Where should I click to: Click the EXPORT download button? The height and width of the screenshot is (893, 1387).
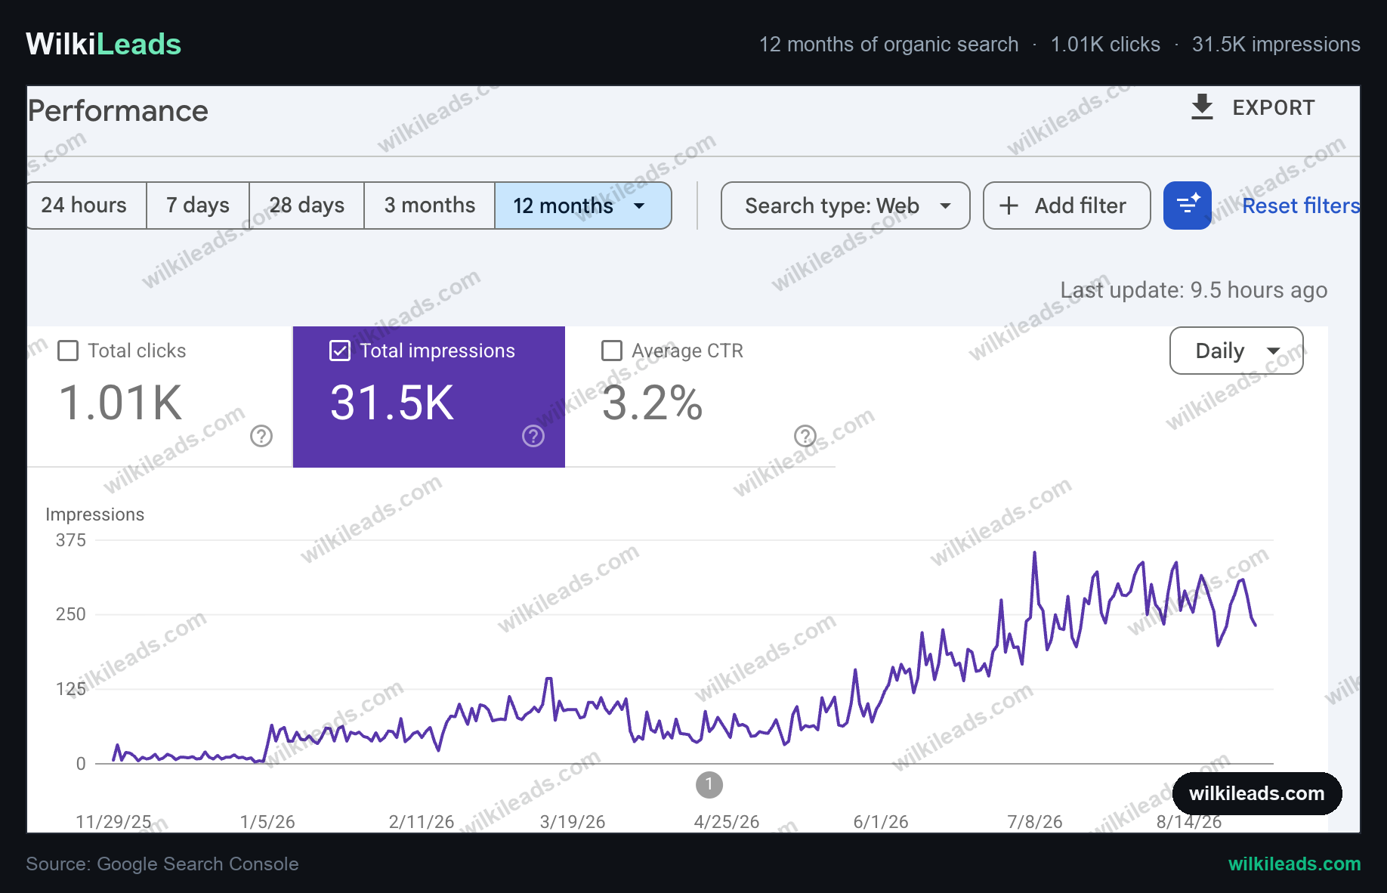tap(1253, 107)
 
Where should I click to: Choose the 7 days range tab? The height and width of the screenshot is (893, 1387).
tap(198, 205)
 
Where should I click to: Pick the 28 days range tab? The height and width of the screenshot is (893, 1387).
tap(307, 205)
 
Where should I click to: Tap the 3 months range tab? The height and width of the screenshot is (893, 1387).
tap(429, 205)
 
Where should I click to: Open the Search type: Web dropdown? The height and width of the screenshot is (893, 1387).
tap(845, 205)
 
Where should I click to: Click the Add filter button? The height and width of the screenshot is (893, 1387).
tap(1067, 205)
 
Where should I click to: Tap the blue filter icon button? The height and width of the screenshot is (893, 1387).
tap(1188, 205)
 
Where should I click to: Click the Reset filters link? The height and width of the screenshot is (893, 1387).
tap(1301, 205)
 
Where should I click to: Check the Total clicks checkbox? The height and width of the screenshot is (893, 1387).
tap(68, 351)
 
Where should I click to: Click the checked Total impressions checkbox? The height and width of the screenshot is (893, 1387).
tap(340, 351)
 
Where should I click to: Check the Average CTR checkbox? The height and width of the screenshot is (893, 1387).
tap(612, 351)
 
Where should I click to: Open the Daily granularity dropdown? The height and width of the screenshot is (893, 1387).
tap(1237, 351)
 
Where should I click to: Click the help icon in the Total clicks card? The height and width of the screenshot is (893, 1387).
tap(261, 436)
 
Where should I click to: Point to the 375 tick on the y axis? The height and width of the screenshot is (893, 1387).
tap(71, 540)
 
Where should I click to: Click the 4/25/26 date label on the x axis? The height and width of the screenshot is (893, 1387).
tap(727, 822)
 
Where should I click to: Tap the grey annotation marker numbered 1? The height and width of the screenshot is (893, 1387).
tap(709, 785)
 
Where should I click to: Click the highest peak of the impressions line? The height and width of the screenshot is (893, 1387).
tap(1034, 553)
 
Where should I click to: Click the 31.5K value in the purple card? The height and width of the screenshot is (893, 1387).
tap(392, 403)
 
